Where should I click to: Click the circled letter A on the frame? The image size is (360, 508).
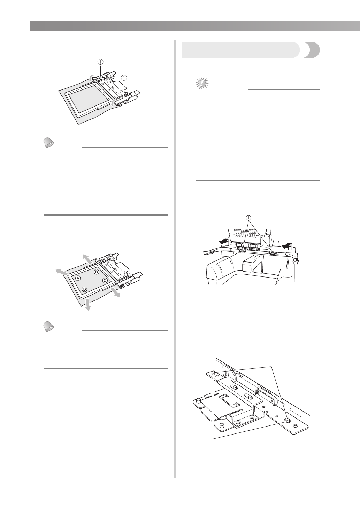pyautogui.click(x=78, y=278)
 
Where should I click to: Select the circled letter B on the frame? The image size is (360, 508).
pyautogui.click(x=97, y=272)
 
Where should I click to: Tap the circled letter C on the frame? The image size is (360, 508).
pyautogui.click(x=105, y=281)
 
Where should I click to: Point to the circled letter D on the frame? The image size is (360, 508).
pyautogui.click(x=84, y=289)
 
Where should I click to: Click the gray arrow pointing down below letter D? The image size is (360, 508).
pyautogui.click(x=87, y=304)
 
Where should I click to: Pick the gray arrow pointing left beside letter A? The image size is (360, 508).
pyautogui.click(x=62, y=272)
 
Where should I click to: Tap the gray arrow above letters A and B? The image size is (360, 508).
pyautogui.click(x=87, y=259)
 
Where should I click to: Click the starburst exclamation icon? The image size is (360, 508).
pyautogui.click(x=202, y=83)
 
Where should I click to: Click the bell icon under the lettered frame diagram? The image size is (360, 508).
pyautogui.click(x=48, y=327)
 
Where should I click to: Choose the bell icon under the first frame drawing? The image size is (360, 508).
pyautogui.click(x=48, y=143)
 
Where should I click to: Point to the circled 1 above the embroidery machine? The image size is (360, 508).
pyautogui.click(x=249, y=218)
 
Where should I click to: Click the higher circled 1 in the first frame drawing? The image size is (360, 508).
pyautogui.click(x=100, y=62)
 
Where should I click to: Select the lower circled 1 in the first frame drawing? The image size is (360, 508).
pyautogui.click(x=124, y=78)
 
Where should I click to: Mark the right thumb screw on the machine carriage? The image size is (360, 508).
pyautogui.click(x=272, y=252)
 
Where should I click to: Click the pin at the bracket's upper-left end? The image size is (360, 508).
pyautogui.click(x=213, y=373)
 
